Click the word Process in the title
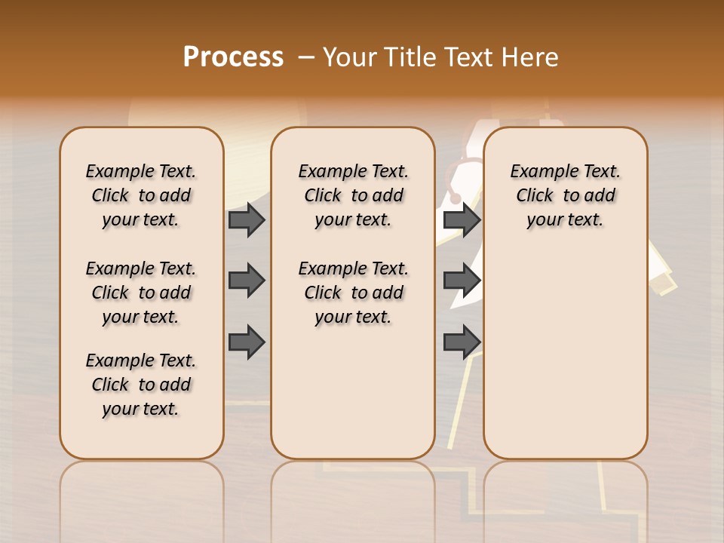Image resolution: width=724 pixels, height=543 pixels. click(233, 57)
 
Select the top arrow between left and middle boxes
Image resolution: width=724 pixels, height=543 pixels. click(247, 219)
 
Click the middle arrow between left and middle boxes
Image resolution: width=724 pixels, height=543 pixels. click(247, 281)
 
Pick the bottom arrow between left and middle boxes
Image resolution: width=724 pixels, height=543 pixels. click(247, 342)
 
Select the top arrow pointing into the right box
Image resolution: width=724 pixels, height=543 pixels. click(462, 219)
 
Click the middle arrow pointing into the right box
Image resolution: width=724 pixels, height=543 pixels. click(462, 281)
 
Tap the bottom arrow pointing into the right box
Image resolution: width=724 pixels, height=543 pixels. click(462, 342)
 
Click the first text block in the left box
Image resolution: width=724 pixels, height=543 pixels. click(141, 195)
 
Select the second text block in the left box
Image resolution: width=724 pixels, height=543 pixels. click(141, 293)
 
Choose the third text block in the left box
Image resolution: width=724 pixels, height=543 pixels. click(141, 385)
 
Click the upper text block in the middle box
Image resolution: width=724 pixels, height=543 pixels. click(353, 195)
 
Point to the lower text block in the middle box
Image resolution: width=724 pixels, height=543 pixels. click(353, 293)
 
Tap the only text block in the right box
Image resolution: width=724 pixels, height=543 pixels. click(565, 195)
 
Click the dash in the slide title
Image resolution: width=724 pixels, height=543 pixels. click(306, 57)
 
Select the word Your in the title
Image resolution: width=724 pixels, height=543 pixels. click(348, 57)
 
